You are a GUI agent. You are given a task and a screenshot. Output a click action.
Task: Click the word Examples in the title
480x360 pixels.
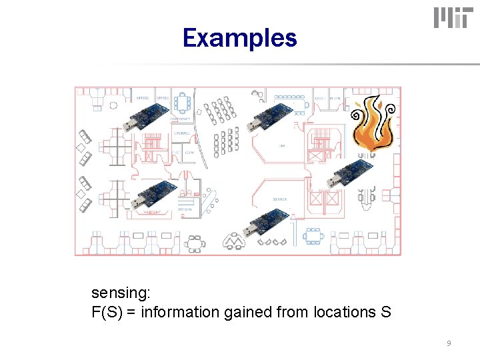point(239,38)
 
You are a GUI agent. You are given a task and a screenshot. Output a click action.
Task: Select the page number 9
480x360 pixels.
point(449,343)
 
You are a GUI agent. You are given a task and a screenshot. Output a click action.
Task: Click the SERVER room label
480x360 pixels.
point(279,199)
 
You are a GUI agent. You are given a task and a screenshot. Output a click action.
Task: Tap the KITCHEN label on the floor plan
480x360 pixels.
point(185,209)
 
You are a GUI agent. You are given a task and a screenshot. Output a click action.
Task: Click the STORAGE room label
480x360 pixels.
point(182,133)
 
